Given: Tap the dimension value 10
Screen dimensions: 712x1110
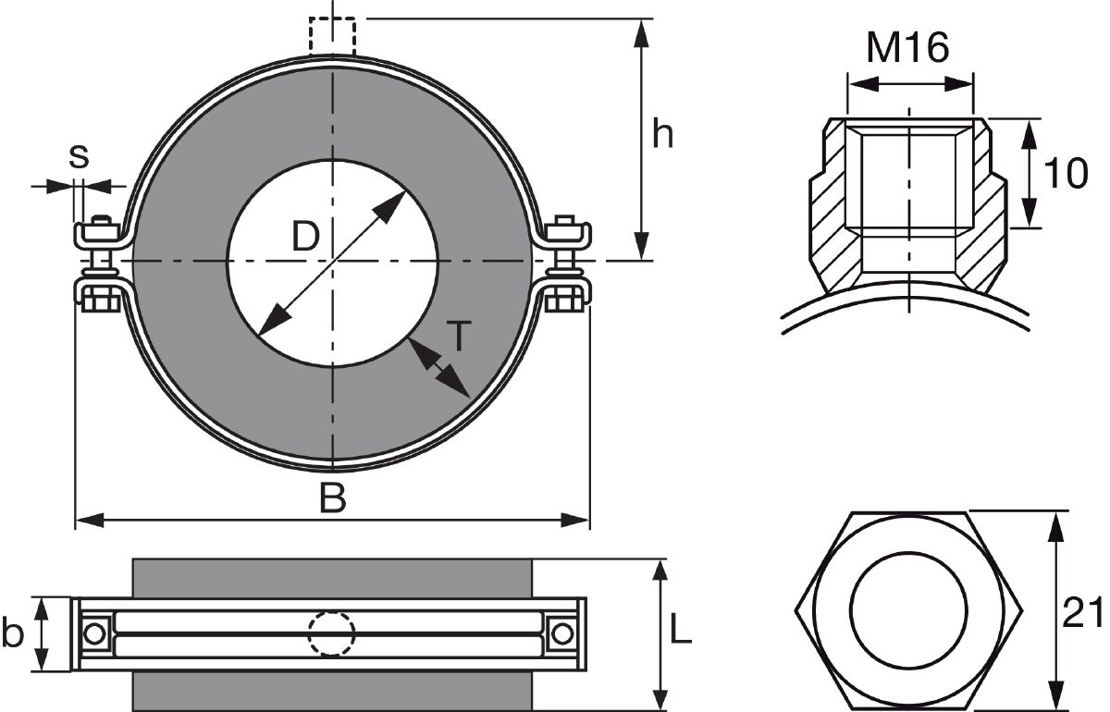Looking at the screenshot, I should (x=1065, y=173).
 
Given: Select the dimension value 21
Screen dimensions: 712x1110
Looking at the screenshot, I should (x=1082, y=612).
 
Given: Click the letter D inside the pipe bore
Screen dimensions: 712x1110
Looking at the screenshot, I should (x=305, y=238).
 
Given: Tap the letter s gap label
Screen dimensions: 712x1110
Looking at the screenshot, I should (x=80, y=156).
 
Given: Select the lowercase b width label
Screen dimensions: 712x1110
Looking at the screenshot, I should (x=12, y=634).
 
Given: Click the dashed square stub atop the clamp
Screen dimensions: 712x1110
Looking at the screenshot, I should (x=332, y=36).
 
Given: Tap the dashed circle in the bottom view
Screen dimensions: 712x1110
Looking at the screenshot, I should (x=331, y=633).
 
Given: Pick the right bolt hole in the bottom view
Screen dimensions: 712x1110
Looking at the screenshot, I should (x=562, y=633).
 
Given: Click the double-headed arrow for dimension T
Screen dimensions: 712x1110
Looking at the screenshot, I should (x=437, y=368).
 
